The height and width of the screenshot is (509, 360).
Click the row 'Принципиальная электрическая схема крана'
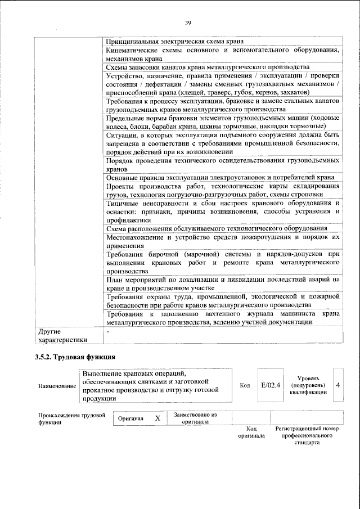pyautogui.click(x=174, y=41)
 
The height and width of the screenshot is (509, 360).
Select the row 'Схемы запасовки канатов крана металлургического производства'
pyautogui.click(x=208, y=67)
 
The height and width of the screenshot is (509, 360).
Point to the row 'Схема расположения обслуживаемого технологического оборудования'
pyautogui.click(x=217, y=228)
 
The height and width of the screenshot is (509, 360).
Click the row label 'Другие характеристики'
pyautogui.click(x=56, y=335)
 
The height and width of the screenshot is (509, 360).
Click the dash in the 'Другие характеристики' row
pyautogui.click(x=107, y=332)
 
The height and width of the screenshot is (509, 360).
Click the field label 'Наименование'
pyautogui.click(x=57, y=386)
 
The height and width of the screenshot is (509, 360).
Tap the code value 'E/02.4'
pyautogui.click(x=271, y=385)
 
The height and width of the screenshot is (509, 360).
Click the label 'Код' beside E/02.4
pyautogui.click(x=245, y=386)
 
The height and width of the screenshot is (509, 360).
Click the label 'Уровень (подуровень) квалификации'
pyautogui.click(x=308, y=385)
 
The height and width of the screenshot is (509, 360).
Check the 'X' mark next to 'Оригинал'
pyautogui.click(x=157, y=418)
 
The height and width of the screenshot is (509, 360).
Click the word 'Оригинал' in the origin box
pyautogui.click(x=130, y=419)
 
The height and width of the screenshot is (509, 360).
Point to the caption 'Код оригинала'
pyautogui.click(x=251, y=432)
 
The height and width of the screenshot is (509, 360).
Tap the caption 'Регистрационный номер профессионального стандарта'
pyautogui.click(x=307, y=435)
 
